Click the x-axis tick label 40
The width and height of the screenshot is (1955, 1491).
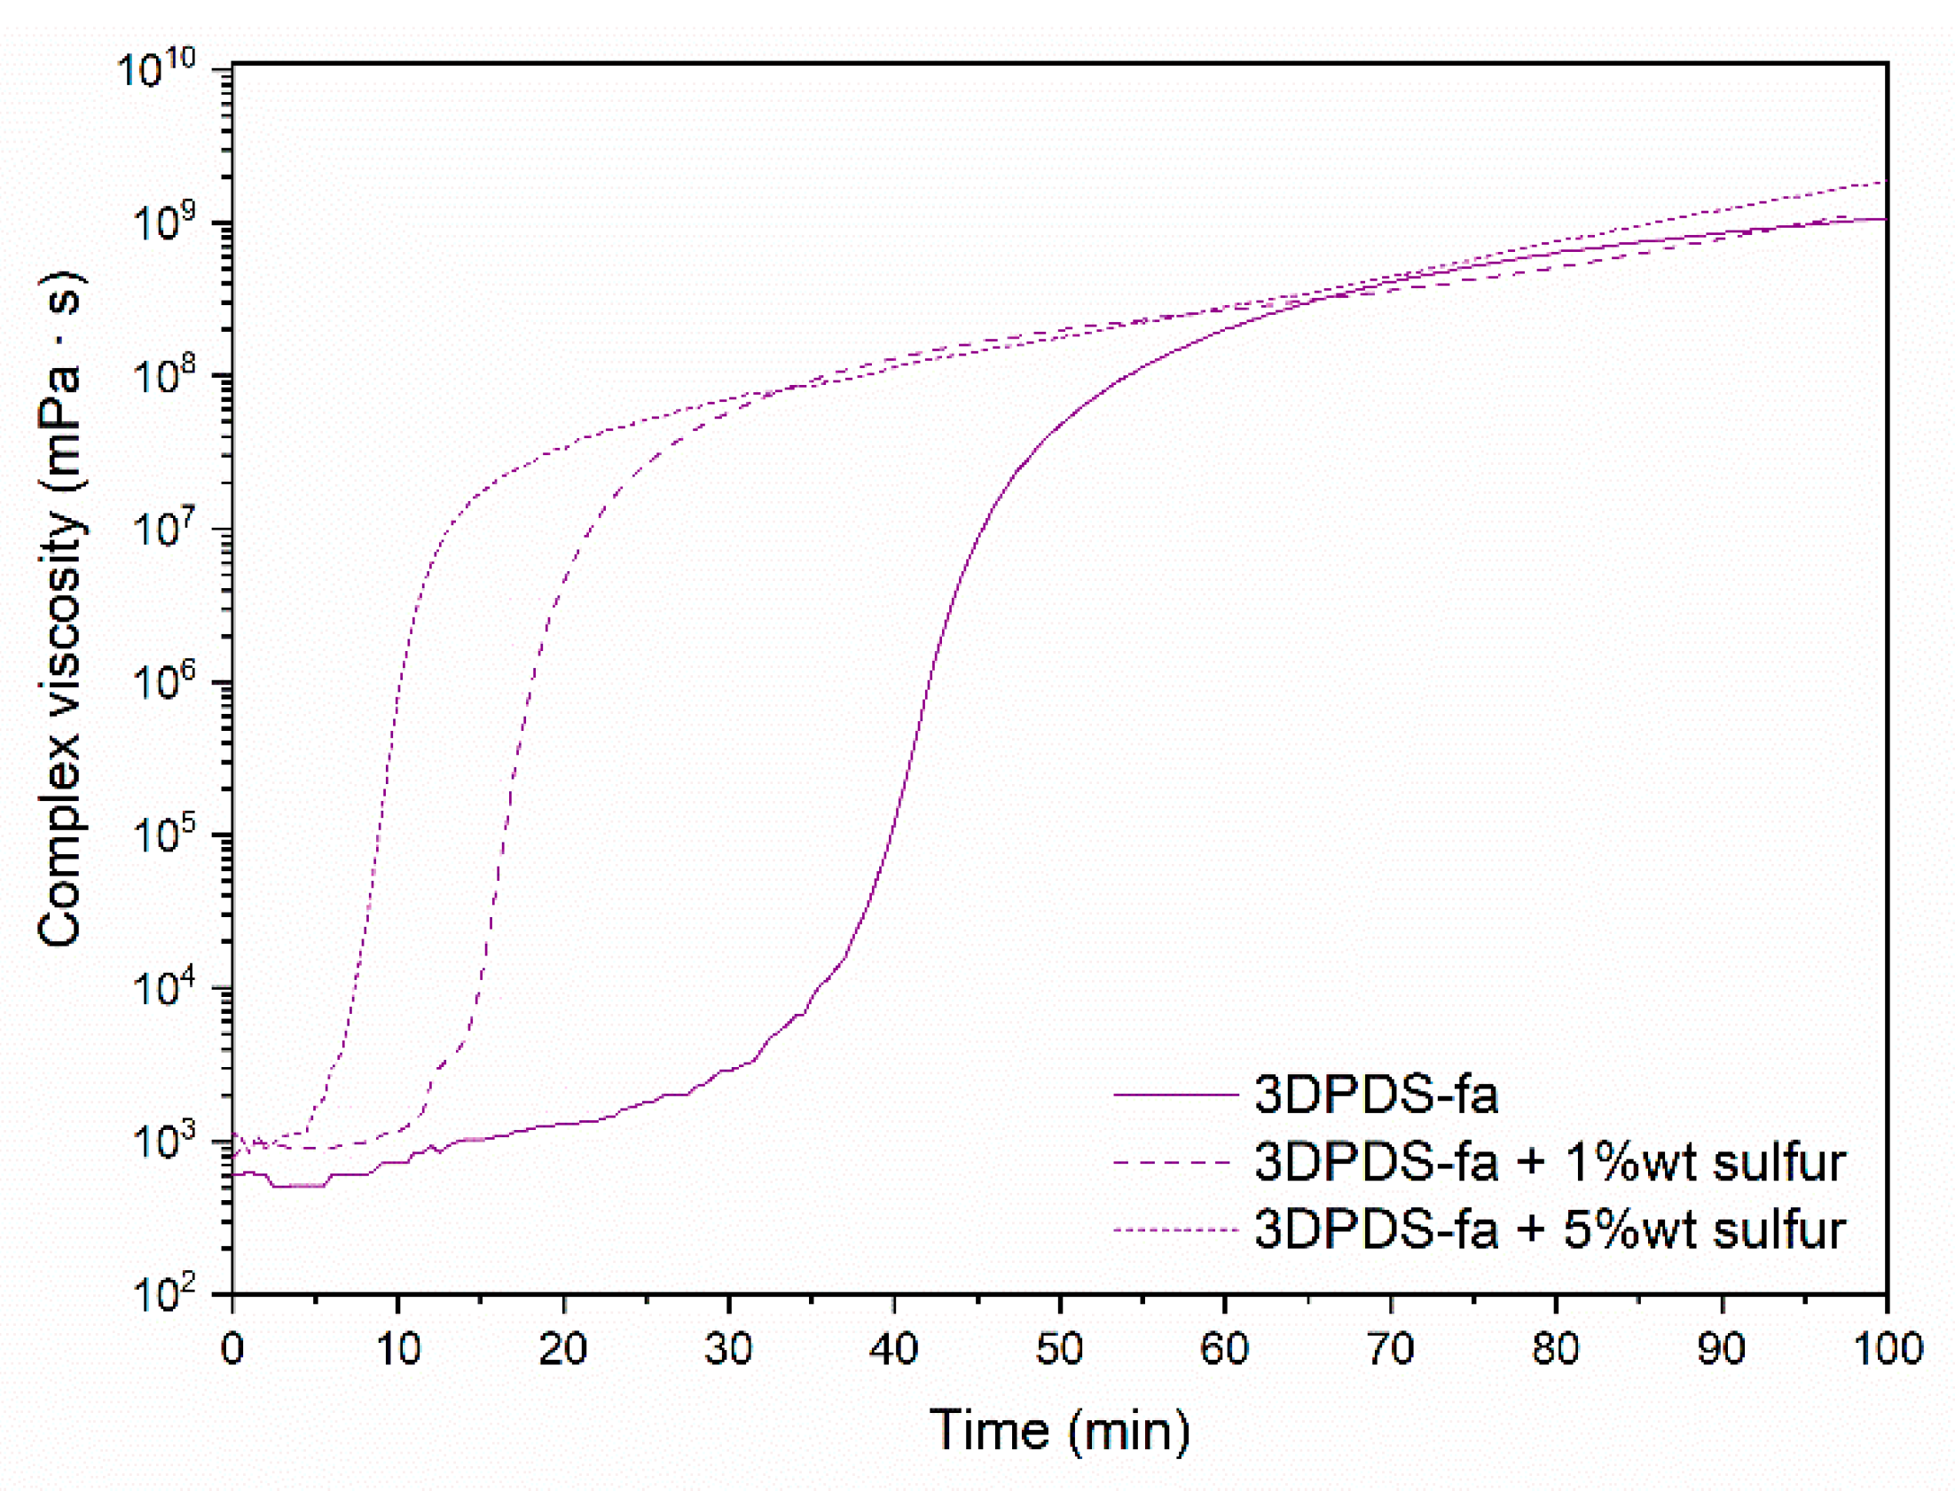point(893,1350)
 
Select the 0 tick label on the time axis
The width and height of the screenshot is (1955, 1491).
point(232,1350)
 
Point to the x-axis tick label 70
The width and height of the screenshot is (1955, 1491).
point(1390,1350)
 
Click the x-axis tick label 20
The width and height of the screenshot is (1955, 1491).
point(562,1350)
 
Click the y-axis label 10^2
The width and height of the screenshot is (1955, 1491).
point(164,1294)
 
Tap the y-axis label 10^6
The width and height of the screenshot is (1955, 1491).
point(164,681)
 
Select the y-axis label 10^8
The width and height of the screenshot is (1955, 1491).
point(164,375)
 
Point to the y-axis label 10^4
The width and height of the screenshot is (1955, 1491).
point(164,988)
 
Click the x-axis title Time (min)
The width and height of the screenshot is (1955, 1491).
point(1060,1431)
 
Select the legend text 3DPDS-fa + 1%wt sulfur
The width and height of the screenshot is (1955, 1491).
point(1550,1162)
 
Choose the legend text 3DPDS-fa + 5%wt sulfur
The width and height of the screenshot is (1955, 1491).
point(1550,1229)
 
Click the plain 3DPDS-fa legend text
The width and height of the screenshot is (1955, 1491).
point(1377,1095)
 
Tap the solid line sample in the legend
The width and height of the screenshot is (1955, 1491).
point(1175,1095)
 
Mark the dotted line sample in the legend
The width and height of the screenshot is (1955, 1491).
point(1175,1230)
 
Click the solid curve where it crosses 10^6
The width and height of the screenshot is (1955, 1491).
point(928,681)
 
